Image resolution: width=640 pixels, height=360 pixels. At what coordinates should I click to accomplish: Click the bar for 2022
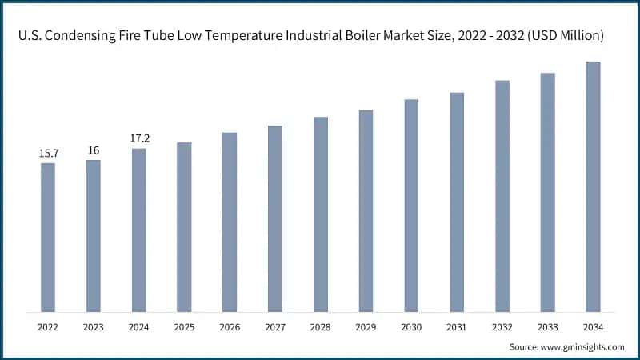click(48, 237)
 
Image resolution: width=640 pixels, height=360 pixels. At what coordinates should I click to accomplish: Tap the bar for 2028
click(321, 214)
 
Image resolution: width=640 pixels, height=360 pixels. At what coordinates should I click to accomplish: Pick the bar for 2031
click(457, 202)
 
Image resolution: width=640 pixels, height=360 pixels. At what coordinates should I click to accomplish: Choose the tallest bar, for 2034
click(593, 186)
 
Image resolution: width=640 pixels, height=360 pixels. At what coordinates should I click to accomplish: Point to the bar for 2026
click(230, 222)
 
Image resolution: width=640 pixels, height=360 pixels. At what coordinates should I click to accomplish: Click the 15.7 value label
click(48, 153)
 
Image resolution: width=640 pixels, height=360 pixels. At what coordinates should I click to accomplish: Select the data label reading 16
click(94, 150)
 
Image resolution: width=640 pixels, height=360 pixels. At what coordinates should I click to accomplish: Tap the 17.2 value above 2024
click(139, 138)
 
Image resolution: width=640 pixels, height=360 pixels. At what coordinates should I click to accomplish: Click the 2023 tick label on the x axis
click(94, 326)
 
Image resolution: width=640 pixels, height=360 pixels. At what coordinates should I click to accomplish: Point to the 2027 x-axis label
click(275, 326)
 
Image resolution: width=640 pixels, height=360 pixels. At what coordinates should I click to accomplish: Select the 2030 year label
click(411, 326)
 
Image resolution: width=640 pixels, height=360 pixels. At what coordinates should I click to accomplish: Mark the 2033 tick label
click(547, 326)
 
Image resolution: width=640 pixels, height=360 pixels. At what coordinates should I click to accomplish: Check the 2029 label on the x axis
click(366, 326)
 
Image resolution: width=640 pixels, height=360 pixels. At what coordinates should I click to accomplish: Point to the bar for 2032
click(502, 196)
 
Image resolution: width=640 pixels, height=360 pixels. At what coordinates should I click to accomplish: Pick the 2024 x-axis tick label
click(139, 326)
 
